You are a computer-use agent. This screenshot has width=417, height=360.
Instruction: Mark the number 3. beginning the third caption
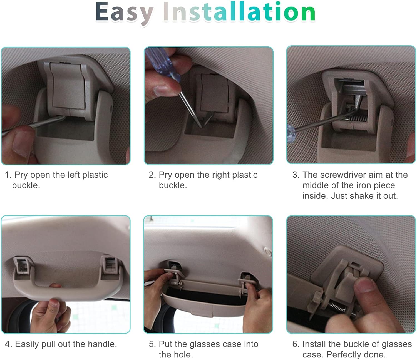[296, 175]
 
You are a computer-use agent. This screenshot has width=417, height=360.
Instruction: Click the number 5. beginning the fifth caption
[152, 344]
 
